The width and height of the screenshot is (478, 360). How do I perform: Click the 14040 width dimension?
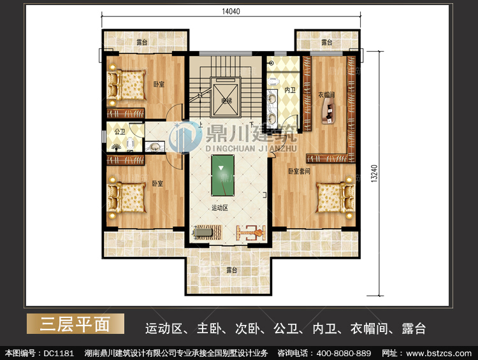[231, 11]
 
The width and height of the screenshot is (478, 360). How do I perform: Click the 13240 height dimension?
[374, 173]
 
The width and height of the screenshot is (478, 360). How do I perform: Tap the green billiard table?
[222, 175]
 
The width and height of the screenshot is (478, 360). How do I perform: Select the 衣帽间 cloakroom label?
[326, 95]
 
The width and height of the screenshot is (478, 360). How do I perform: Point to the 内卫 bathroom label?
[289, 90]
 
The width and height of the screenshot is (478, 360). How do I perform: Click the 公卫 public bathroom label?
[120, 132]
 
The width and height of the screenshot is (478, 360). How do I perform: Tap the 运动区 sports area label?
[219, 208]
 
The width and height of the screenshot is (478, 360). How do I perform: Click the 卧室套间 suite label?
[299, 171]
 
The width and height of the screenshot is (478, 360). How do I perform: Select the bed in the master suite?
[335, 198]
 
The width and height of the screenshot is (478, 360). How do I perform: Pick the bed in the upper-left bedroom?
[126, 85]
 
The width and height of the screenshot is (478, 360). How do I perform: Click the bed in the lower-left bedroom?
[126, 198]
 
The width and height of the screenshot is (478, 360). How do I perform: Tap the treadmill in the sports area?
[206, 233]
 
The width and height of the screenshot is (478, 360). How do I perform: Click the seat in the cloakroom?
[329, 113]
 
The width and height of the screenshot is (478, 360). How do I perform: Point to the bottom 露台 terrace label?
[231, 270]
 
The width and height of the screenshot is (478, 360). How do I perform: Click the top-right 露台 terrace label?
[326, 42]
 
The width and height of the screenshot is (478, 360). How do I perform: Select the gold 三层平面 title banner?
[75, 324]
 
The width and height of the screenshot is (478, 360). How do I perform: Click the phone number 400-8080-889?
[344, 353]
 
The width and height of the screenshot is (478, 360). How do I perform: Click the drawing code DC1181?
[59, 353]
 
